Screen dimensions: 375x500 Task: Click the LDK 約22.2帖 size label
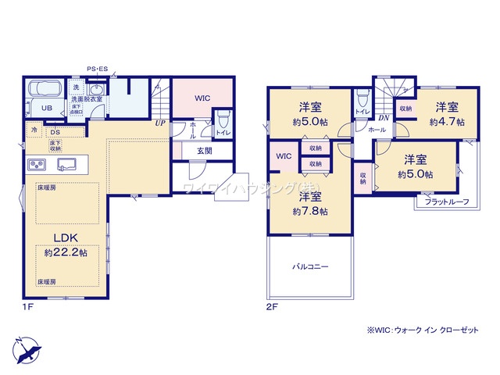coord(66,252)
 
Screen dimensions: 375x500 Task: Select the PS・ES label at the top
coord(98,70)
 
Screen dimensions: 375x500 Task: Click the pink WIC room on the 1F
coord(202,98)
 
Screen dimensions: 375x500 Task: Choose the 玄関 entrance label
coord(204,151)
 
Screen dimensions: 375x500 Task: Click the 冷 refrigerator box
coord(34,130)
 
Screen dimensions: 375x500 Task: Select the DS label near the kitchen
coord(56,132)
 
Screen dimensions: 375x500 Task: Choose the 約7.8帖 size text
coord(310,212)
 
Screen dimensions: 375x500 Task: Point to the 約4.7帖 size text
coord(447,122)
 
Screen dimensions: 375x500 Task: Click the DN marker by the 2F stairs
coord(384,117)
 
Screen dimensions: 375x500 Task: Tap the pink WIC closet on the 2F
coord(282,156)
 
